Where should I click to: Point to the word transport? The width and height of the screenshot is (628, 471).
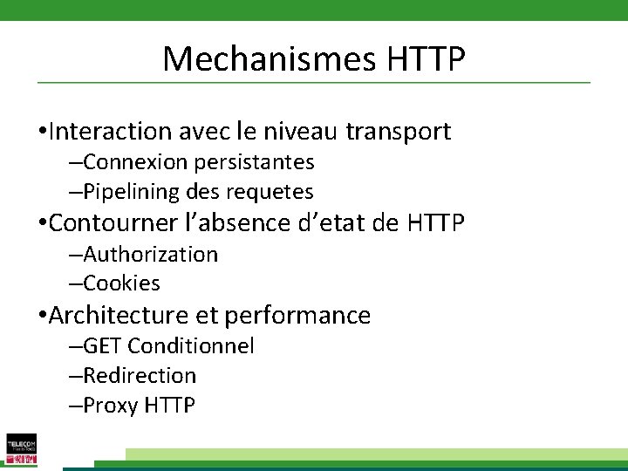coord(398,132)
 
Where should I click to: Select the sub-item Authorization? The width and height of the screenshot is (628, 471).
coord(150,255)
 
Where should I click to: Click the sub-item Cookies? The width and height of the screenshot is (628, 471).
coord(121,283)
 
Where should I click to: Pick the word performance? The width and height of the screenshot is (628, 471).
coord(297,315)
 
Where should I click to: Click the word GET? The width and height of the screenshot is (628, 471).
coord(102,346)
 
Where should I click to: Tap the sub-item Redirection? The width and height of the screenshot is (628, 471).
coord(140,376)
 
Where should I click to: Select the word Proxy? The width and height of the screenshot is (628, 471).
coord(111,406)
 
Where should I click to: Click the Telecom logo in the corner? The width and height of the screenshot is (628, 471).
coord(21,448)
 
